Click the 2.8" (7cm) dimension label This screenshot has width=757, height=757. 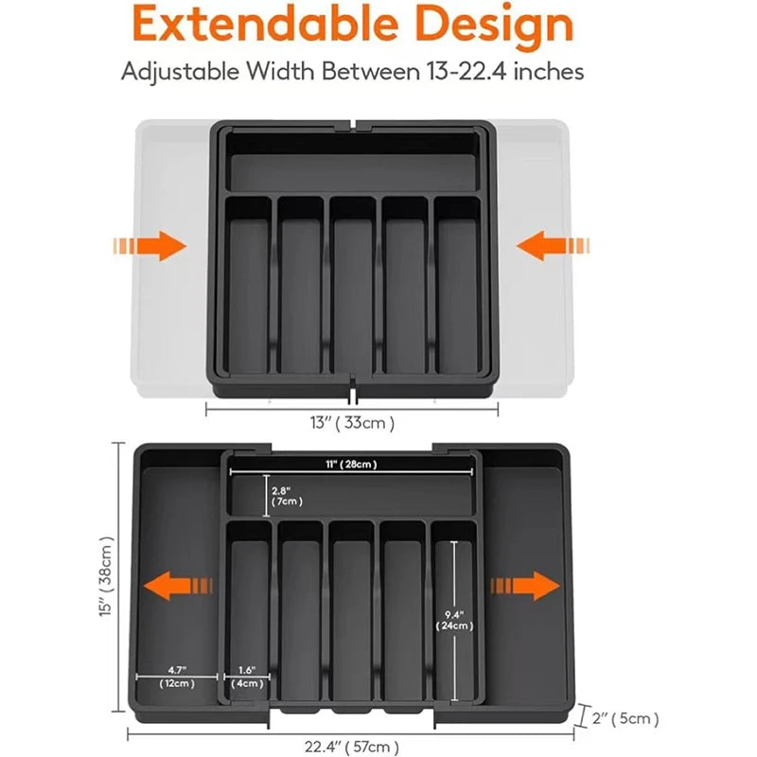click(x=287, y=496)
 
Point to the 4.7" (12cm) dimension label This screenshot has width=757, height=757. click(x=176, y=676)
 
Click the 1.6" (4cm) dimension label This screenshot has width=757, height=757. click(x=247, y=676)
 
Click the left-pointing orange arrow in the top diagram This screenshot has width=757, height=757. click(x=552, y=247)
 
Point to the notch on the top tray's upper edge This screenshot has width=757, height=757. click(x=353, y=124)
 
